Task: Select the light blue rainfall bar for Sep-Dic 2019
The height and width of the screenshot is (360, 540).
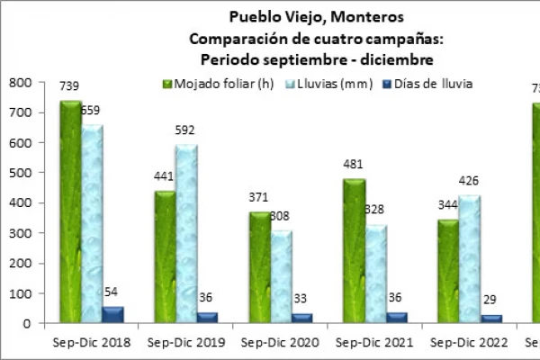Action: [x=186, y=234]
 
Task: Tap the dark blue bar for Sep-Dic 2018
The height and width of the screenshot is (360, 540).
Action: [x=112, y=314]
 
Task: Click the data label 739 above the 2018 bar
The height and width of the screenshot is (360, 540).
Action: [x=69, y=86]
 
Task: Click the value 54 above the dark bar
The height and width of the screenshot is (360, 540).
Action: [x=111, y=292]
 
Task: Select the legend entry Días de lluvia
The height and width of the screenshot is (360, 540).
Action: [x=428, y=84]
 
